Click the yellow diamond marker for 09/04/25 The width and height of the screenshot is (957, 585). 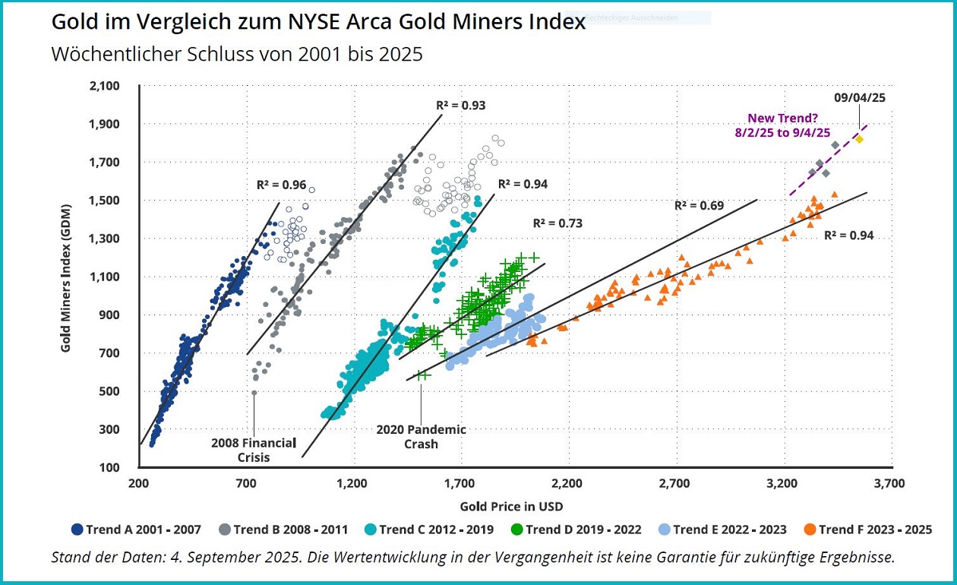(x=859, y=139)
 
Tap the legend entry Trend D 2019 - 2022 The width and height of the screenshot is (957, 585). (x=576, y=530)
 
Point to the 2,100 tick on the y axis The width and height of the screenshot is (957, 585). (x=105, y=86)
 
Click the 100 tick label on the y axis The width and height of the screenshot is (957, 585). (x=110, y=467)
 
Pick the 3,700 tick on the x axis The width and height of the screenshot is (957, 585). (x=889, y=483)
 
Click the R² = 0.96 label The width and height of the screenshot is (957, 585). (x=281, y=184)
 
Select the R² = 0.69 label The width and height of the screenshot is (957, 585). (x=699, y=205)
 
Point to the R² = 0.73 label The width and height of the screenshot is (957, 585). (x=557, y=223)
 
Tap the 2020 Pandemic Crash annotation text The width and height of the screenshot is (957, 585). (x=421, y=436)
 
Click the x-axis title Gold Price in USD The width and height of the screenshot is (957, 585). (x=511, y=506)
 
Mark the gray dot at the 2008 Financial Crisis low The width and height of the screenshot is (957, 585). (x=254, y=393)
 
